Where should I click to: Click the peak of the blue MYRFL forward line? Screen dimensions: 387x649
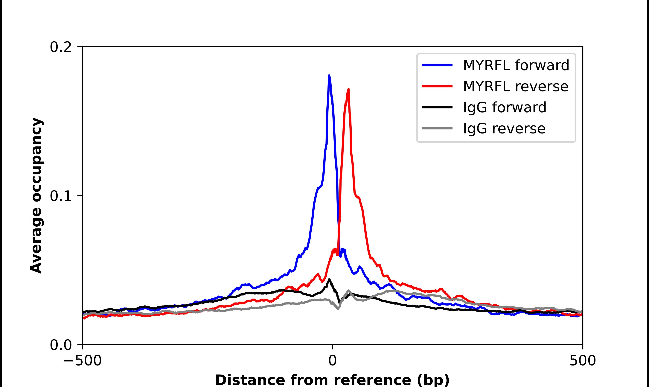coord(329,76)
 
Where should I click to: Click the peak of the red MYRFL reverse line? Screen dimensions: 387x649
coord(349,89)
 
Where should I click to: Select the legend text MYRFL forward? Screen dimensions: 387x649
coord(516,65)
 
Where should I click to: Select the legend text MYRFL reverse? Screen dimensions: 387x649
coord(515,86)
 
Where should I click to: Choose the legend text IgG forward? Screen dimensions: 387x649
coord(504,107)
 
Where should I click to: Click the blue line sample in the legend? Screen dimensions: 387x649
coord(437,65)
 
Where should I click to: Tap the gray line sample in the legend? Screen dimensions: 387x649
coord(437,128)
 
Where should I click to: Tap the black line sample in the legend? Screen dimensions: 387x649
coord(437,107)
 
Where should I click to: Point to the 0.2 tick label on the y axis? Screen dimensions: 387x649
coord(61,47)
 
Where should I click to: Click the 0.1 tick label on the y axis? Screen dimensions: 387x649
coord(61,196)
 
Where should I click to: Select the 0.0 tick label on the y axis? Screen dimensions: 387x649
coord(61,345)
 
